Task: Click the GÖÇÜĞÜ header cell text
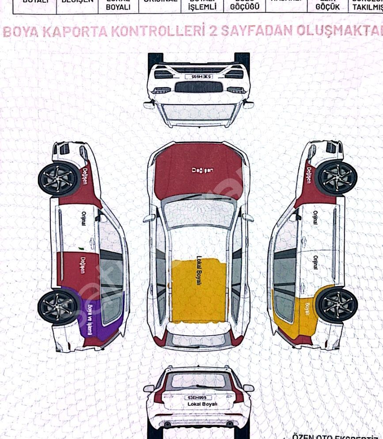pos(244,8)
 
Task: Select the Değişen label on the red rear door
pos(82,265)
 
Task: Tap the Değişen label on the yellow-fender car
pos(309,175)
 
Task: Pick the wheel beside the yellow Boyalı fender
pos(337,304)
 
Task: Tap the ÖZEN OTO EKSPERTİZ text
pos(336,435)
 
